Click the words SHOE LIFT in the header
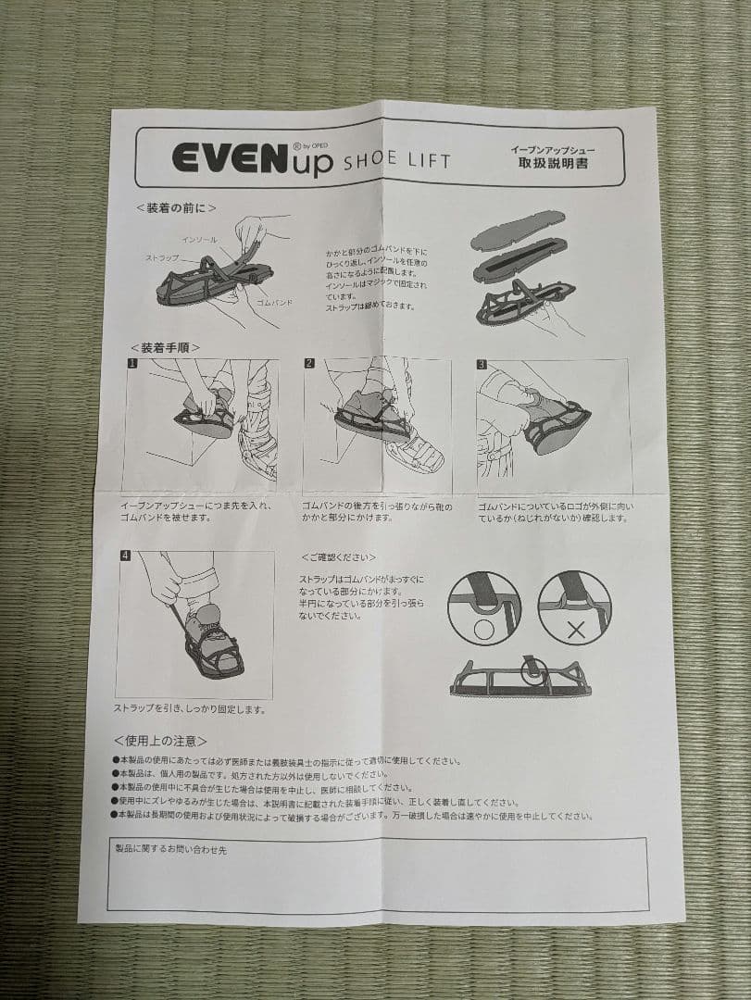396,161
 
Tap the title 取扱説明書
553,163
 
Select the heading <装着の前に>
176,208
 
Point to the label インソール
199,240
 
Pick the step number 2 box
309,363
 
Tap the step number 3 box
482,364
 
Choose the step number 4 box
125,556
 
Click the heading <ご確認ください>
338,557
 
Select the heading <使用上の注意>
160,741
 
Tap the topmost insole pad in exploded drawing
518,231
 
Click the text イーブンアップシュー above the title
553,148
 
